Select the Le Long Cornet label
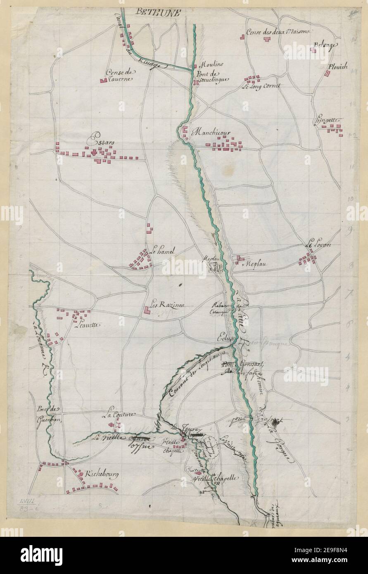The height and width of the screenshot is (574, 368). (x=261, y=87)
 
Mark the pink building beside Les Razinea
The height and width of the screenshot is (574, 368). (x=147, y=310)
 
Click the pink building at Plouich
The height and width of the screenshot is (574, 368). (x=327, y=74)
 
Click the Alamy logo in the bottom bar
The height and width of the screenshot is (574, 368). (x=42, y=554)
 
